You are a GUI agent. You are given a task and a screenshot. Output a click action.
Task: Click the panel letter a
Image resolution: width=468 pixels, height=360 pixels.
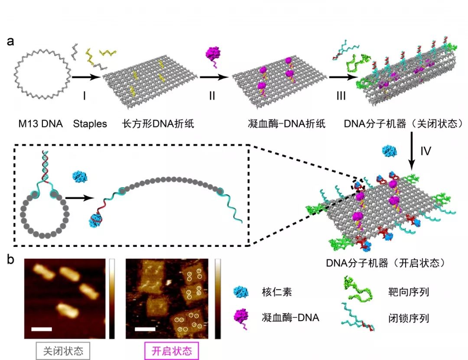(x=10, y=41)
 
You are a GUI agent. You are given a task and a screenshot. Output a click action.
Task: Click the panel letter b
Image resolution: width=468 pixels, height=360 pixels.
(x=10, y=259)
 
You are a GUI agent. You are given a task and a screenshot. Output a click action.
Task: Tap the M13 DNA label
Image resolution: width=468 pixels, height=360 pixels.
(x=41, y=123)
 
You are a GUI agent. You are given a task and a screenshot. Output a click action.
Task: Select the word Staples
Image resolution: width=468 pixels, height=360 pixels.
(x=90, y=123)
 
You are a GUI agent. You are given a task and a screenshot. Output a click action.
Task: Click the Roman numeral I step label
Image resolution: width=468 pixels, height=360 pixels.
(x=84, y=96)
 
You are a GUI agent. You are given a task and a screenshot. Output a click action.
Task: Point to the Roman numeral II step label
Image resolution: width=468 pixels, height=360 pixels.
(x=212, y=96)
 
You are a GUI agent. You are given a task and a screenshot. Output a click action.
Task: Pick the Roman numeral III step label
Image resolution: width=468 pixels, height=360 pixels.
(x=341, y=96)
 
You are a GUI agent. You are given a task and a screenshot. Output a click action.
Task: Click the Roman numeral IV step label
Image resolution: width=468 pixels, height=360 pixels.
(x=426, y=151)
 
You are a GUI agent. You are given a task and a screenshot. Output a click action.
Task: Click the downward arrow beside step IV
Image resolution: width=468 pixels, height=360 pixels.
(x=412, y=151)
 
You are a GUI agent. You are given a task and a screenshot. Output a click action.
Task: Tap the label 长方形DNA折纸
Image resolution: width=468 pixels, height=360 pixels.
(x=158, y=123)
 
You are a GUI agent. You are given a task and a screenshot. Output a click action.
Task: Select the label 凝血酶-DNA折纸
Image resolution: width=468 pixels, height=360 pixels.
(x=286, y=123)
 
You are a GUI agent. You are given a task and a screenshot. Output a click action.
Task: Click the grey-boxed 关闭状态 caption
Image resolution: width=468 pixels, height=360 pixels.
(x=63, y=351)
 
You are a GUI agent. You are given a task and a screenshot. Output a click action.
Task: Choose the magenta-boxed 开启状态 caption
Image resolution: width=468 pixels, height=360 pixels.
(x=172, y=351)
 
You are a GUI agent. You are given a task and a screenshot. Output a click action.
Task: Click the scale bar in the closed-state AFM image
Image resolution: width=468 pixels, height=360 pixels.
(x=42, y=329)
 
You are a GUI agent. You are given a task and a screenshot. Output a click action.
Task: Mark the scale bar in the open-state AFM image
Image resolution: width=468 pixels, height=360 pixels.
(x=145, y=329)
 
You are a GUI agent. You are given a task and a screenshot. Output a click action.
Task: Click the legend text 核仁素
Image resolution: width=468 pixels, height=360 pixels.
(x=276, y=292)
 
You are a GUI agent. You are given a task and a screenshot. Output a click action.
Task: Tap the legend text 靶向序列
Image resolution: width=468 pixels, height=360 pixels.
(x=409, y=292)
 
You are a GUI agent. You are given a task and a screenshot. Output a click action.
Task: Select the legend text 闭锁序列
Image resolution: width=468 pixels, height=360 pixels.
(x=409, y=318)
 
